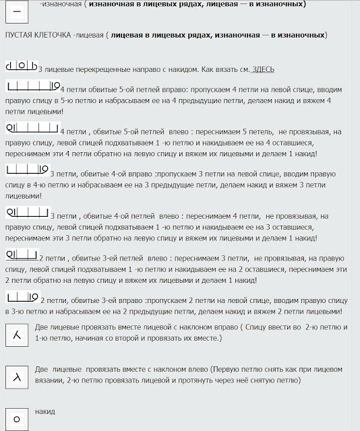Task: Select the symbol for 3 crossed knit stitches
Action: pyautogui.click(x=22, y=67)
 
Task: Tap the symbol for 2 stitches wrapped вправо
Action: pyautogui.click(x=22, y=297)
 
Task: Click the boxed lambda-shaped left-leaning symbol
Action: pyautogui.click(x=16, y=376)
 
